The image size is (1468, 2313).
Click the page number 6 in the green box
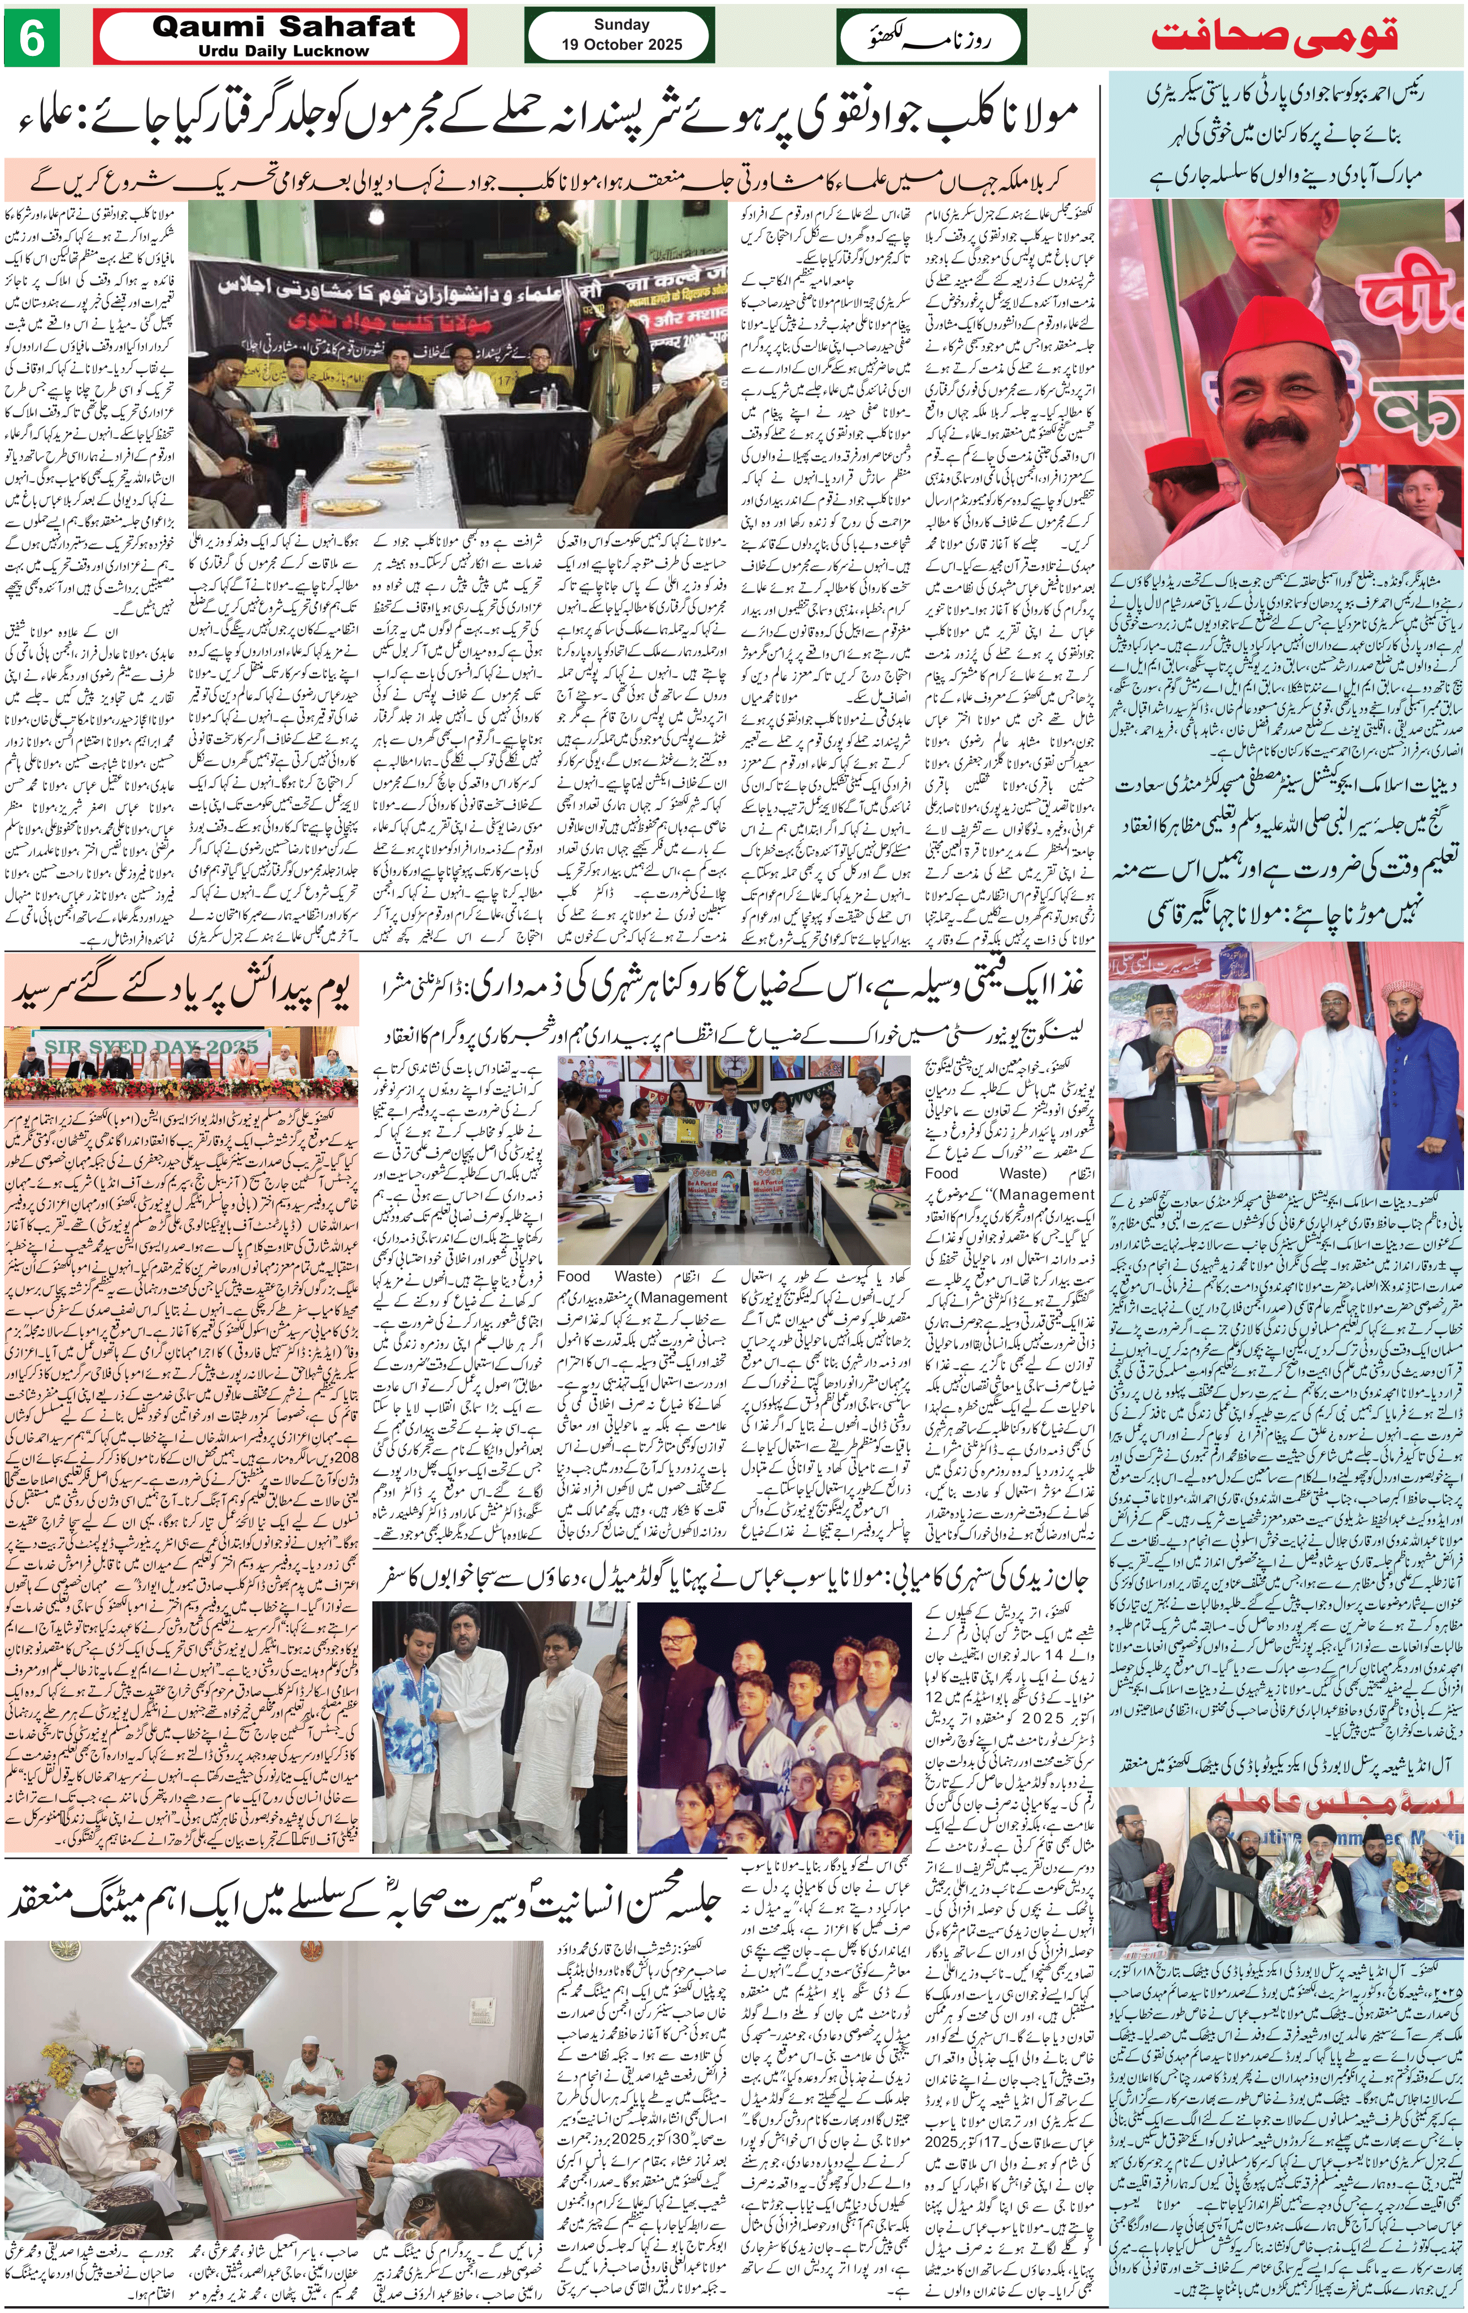31,38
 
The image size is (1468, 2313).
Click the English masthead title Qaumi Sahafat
284,27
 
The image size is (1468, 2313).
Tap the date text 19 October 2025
622,44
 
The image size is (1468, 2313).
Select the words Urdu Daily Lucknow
284,51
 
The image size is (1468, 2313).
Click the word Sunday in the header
622,25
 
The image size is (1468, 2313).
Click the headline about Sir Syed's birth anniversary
183,990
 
